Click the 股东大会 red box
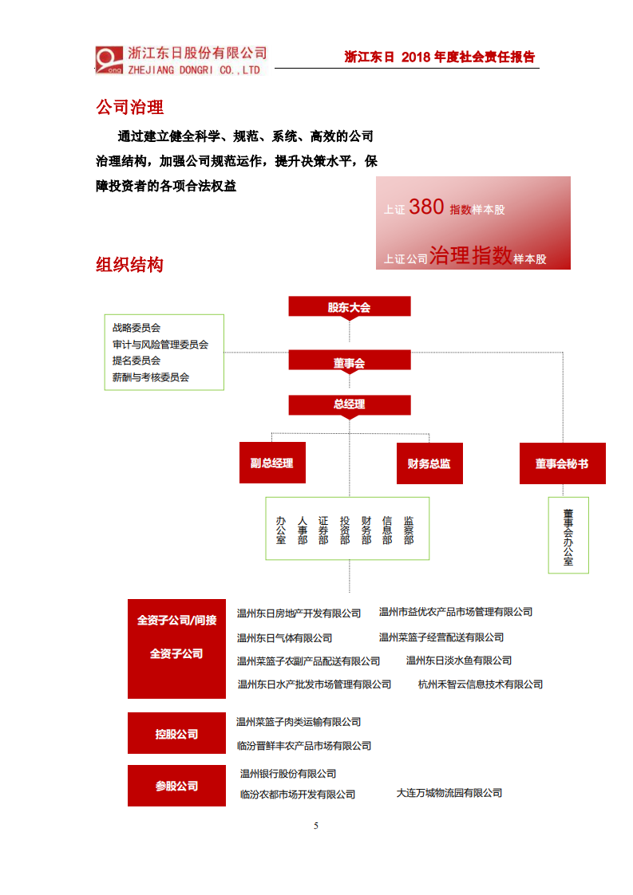pos(350,307)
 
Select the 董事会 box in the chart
pos(350,363)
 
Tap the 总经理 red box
pos(350,404)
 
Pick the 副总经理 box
pos(271,463)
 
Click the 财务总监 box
pos(429,463)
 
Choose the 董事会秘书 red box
pos(562,463)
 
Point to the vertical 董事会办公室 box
pos(568,535)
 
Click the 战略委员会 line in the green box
pos(136,328)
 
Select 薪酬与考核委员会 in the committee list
pos(151,377)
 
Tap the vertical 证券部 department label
pos(323,530)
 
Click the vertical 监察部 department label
pos(409,530)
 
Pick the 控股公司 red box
pos(176,734)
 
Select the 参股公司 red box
pos(176,786)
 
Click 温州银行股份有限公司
pos(288,774)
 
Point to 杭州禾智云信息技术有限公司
pos(481,684)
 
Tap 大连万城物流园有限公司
pos(449,793)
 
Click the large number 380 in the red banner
pos(426,207)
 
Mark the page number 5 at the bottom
pos(316,826)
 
